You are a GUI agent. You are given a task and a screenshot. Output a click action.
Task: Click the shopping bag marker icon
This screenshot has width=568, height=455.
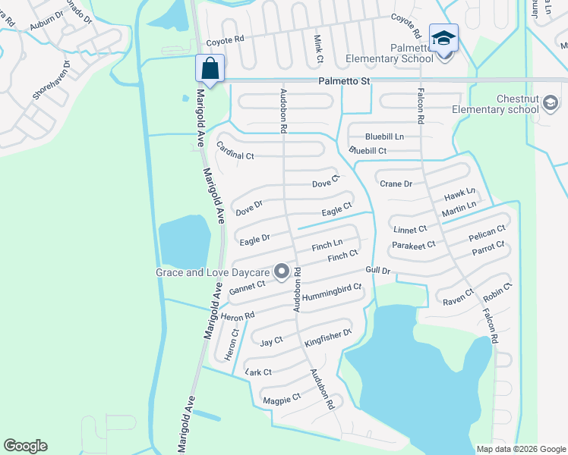(x=210, y=69)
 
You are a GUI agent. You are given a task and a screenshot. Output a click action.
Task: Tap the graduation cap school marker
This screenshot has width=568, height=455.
(x=443, y=38)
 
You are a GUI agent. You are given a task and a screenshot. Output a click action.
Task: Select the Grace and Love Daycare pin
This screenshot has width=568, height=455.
(x=281, y=271)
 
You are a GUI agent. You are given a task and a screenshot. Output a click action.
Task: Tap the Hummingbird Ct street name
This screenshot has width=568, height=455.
(x=331, y=293)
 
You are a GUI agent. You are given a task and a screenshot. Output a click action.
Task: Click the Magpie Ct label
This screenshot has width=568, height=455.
(x=281, y=397)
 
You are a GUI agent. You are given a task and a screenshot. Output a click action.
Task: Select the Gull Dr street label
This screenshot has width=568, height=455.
(x=377, y=271)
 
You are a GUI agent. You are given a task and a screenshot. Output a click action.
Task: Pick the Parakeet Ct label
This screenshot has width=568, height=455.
(x=413, y=245)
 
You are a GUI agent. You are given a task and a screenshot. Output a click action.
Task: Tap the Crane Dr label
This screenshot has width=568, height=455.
(x=396, y=184)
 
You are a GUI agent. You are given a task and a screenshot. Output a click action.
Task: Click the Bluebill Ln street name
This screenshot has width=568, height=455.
(x=384, y=136)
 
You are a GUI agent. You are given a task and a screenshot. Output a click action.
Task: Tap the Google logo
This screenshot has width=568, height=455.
(x=26, y=446)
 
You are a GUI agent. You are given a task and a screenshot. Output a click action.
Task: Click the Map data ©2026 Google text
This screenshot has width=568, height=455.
(x=520, y=449)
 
